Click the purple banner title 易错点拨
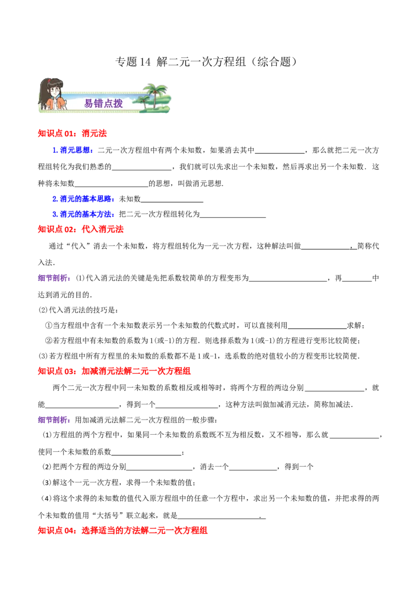click(x=104, y=103)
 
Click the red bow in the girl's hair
click(x=47, y=82)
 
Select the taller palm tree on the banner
click(x=155, y=93)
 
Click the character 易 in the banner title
click(x=89, y=103)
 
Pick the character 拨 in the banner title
click(x=118, y=103)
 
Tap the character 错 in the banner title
click(x=99, y=103)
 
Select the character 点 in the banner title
click(x=108, y=103)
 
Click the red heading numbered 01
click(x=72, y=133)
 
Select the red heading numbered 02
click(x=81, y=229)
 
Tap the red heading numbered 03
click(x=114, y=371)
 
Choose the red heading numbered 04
click(x=122, y=531)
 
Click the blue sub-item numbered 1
click(x=72, y=151)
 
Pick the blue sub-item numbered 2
click(x=83, y=199)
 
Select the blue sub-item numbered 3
click(x=83, y=214)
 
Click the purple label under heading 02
click(x=54, y=278)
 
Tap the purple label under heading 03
click(x=54, y=420)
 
